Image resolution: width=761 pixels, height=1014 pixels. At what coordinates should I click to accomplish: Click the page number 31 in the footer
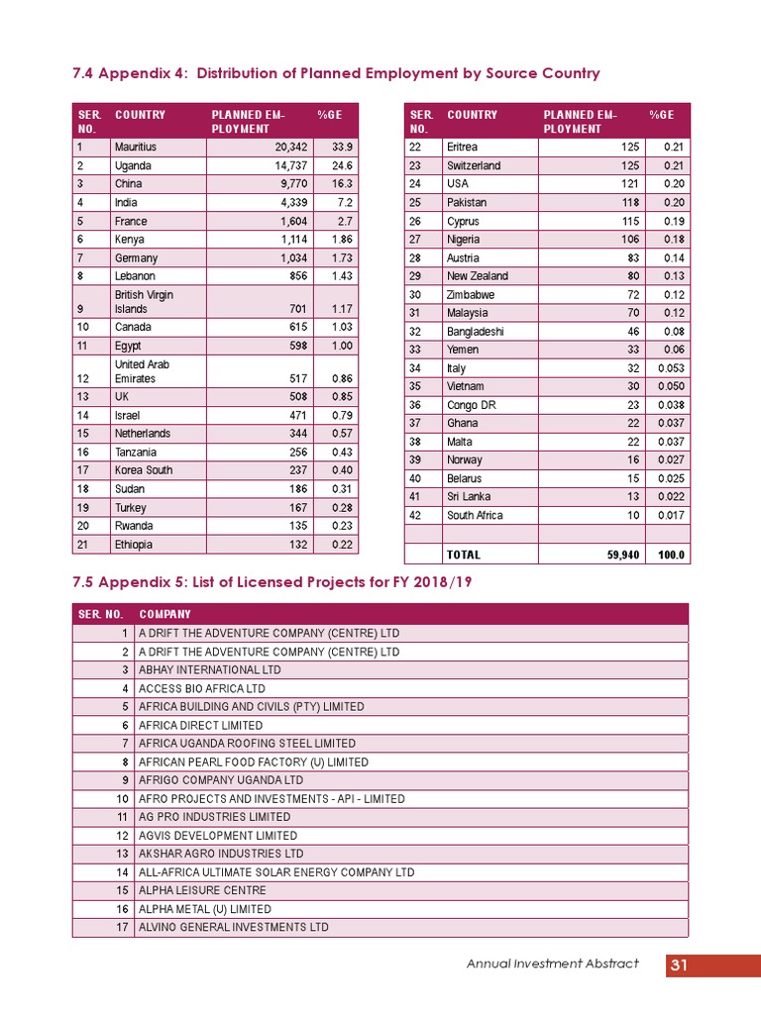679,965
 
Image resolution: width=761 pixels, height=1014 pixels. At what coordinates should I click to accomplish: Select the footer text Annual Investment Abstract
553,964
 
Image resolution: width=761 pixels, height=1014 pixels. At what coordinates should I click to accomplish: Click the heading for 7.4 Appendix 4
336,74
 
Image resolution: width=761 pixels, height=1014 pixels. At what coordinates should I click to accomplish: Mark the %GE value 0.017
671,515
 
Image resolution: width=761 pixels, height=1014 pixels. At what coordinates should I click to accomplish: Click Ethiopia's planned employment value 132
280,545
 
